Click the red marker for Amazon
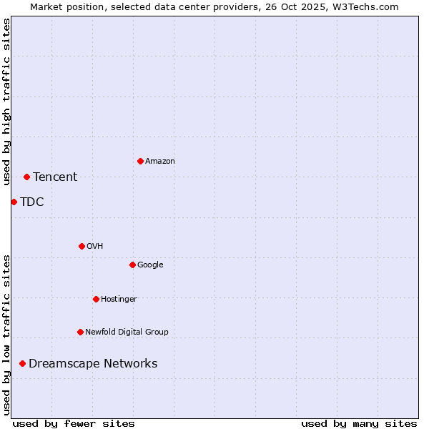(x=140, y=161)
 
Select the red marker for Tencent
(x=26, y=177)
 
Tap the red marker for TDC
(x=14, y=202)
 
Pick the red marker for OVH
(x=82, y=246)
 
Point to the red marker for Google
(x=132, y=265)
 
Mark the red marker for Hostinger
(x=96, y=299)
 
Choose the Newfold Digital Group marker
(x=80, y=332)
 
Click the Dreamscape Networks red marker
(x=22, y=364)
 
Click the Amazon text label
(x=160, y=161)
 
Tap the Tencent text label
(x=55, y=177)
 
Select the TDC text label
(x=32, y=202)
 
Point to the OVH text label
(x=95, y=246)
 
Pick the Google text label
(x=150, y=265)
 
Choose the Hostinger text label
(x=119, y=299)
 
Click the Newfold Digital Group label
(x=127, y=332)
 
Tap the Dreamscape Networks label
(x=93, y=364)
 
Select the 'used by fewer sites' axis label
(x=74, y=423)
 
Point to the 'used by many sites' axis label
(x=359, y=423)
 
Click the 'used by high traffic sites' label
(x=6, y=102)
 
